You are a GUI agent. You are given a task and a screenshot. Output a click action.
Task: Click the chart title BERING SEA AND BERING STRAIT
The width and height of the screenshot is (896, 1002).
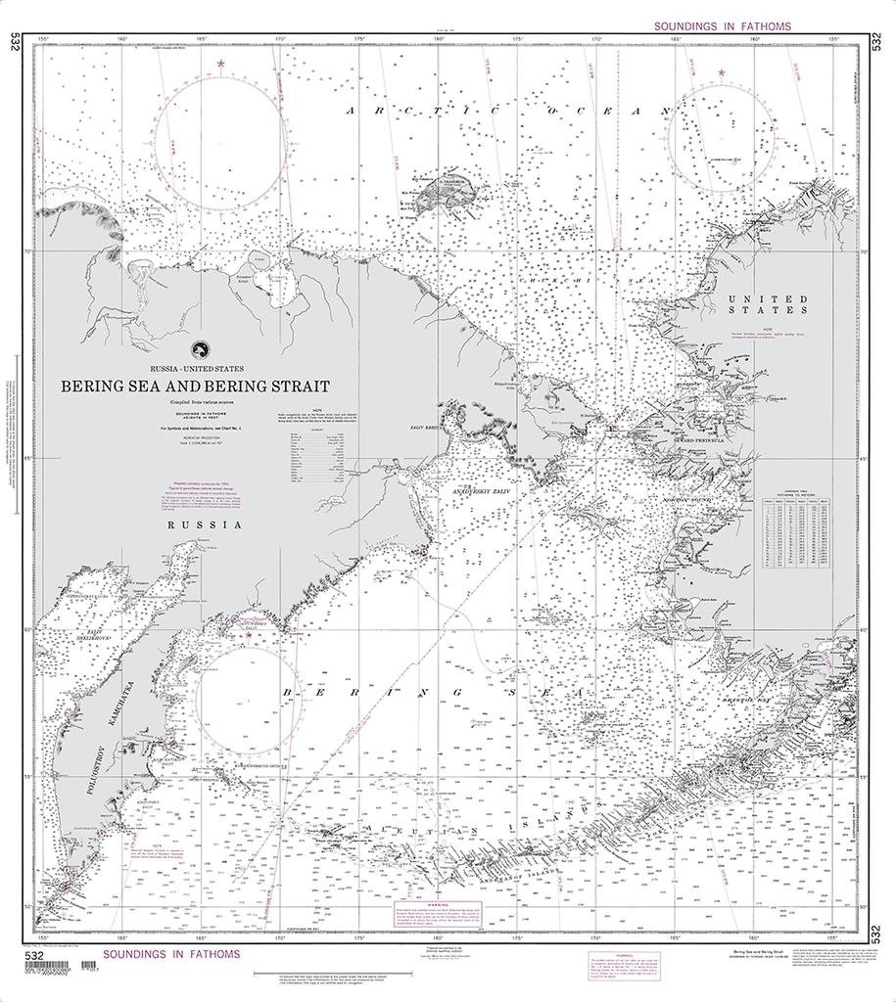tap(195, 387)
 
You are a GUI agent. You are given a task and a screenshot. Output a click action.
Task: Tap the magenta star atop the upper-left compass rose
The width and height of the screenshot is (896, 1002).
tap(221, 65)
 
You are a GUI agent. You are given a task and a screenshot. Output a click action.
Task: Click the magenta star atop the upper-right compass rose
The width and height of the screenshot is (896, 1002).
tap(722, 72)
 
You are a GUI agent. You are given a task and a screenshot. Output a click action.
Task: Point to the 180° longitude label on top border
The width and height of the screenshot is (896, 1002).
tap(440, 39)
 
